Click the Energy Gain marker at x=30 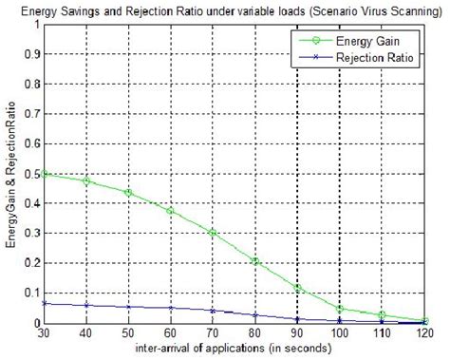point(45,174)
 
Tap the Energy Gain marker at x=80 point(255,261)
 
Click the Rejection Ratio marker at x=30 point(45,303)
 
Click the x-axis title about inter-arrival point(234,349)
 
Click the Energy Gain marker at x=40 point(86,180)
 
